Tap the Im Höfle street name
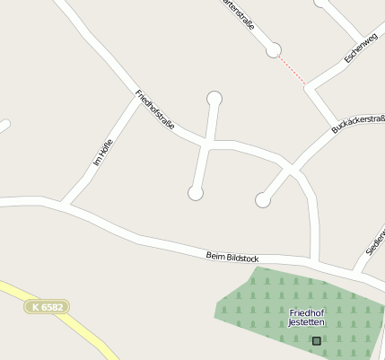[x=101, y=155]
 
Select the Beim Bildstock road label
[x=232, y=258]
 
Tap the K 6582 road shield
[x=46, y=307]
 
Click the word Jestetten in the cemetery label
[x=307, y=322]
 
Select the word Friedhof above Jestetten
[x=307, y=312]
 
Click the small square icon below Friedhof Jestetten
[x=316, y=340]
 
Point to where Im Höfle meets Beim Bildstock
[x=65, y=203]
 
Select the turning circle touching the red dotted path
[x=274, y=50]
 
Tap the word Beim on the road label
[x=214, y=256]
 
